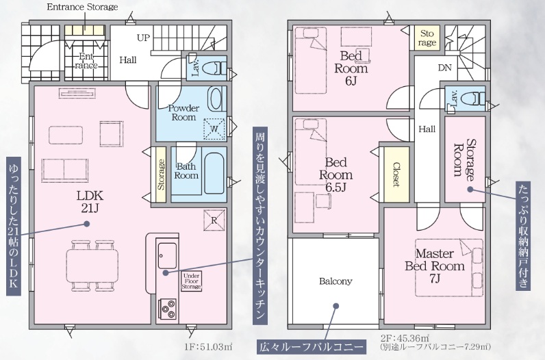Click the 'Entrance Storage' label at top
click(x=82, y=7)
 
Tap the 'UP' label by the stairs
click(x=143, y=38)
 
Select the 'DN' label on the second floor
click(x=444, y=68)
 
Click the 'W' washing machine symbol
click(x=214, y=129)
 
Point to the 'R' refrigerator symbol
click(x=214, y=220)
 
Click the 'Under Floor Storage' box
click(x=191, y=281)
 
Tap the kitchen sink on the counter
click(x=167, y=255)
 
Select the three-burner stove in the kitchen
click(x=167, y=309)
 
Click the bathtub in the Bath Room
click(x=214, y=173)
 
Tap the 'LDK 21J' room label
click(x=90, y=201)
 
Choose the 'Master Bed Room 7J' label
click(x=435, y=266)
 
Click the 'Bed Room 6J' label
click(x=351, y=68)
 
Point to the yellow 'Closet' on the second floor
click(x=396, y=175)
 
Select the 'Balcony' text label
click(x=335, y=281)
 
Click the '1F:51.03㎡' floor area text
click(x=209, y=347)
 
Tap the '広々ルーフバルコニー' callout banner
click(x=311, y=347)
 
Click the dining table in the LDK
click(x=92, y=265)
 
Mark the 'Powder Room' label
click(x=183, y=113)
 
